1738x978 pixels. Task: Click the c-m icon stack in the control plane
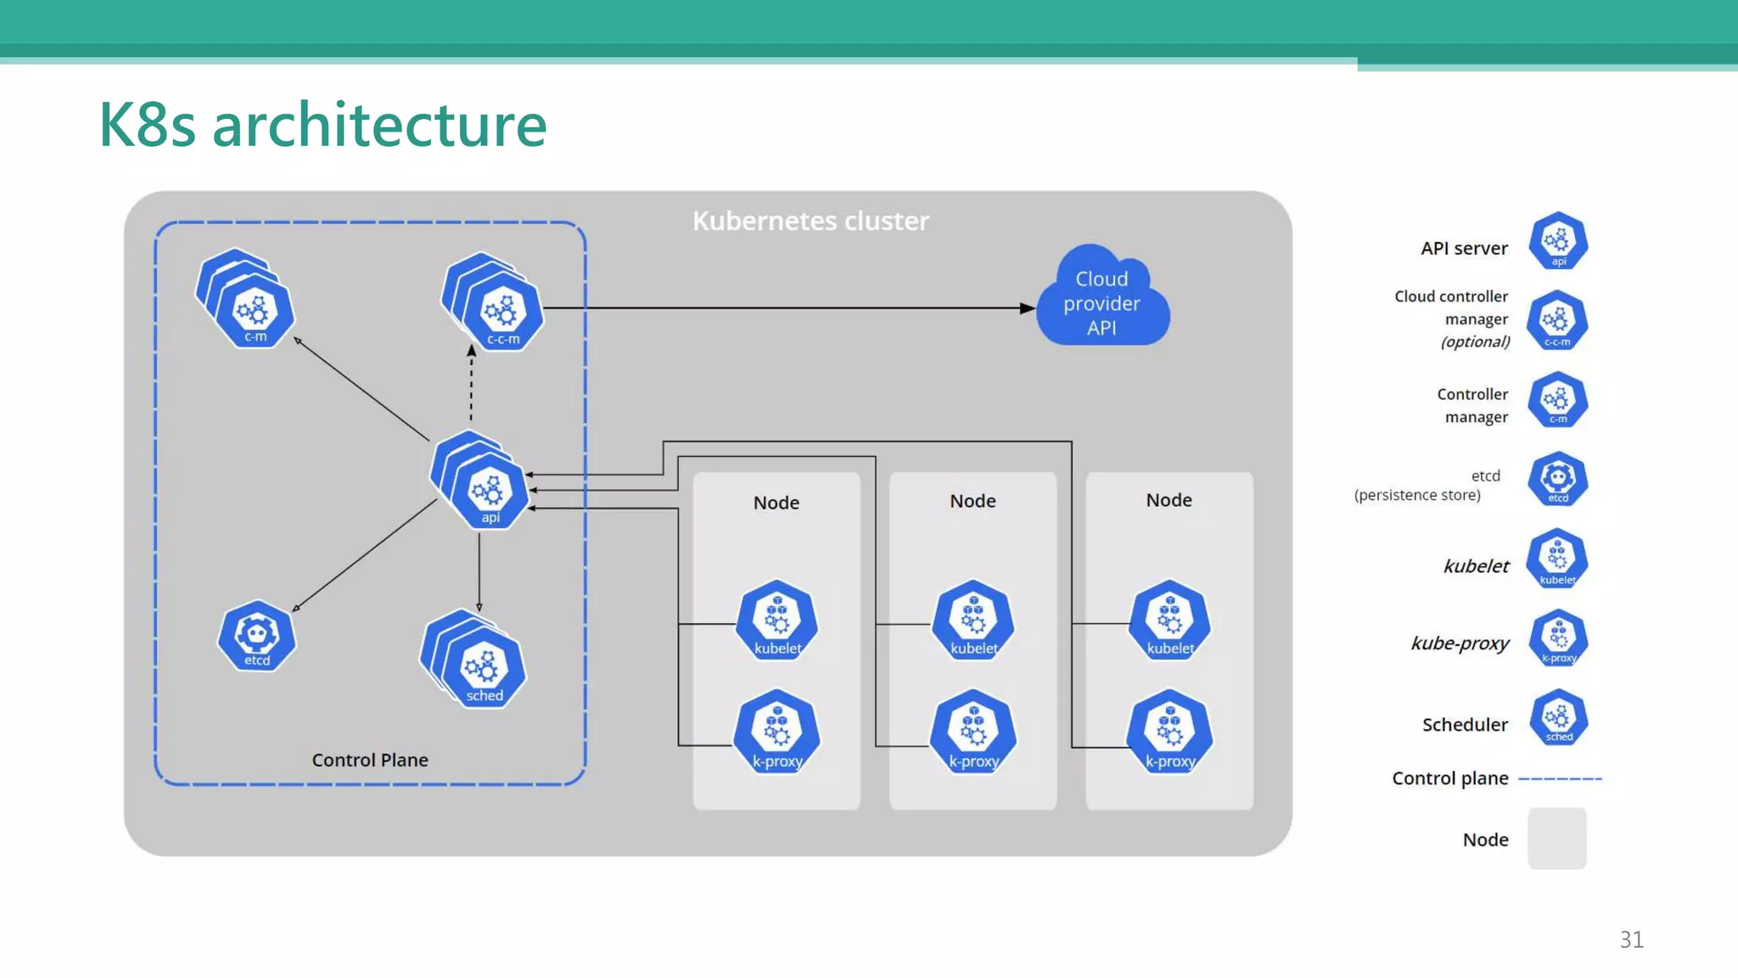click(x=251, y=306)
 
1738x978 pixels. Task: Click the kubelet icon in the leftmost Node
click(x=776, y=621)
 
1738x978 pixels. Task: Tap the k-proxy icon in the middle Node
click(x=973, y=733)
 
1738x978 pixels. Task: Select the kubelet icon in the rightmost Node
click(x=1170, y=621)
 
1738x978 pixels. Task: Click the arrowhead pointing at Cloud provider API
click(x=1027, y=308)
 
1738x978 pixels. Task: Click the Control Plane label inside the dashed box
click(x=370, y=760)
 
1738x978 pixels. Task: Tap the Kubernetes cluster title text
click(x=810, y=221)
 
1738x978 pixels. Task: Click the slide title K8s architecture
click(x=322, y=125)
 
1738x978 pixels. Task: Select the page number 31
click(x=1631, y=940)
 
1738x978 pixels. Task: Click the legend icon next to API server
click(x=1558, y=242)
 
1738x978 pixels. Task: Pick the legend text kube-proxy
click(x=1460, y=644)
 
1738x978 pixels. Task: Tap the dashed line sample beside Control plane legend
click(x=1560, y=778)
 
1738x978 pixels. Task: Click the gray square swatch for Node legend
click(x=1557, y=839)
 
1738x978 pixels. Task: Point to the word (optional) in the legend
click(x=1476, y=342)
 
